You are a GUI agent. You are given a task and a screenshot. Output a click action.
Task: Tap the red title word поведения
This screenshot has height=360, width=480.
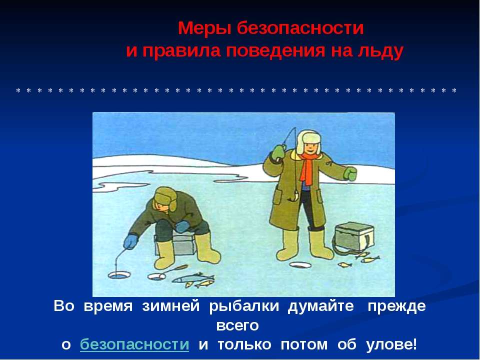pyautogui.click(x=275, y=50)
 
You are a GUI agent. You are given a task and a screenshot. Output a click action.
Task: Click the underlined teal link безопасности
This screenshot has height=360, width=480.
pyautogui.click(x=134, y=344)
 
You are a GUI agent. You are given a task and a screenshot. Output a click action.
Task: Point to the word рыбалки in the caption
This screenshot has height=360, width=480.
pyautogui.click(x=244, y=306)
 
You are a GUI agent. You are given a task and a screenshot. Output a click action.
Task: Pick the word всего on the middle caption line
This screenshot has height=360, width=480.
pyautogui.click(x=237, y=325)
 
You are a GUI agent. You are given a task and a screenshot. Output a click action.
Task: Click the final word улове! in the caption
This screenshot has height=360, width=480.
pyautogui.click(x=391, y=344)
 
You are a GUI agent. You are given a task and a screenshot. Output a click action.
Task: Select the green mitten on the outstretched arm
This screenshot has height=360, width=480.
pyautogui.click(x=350, y=173)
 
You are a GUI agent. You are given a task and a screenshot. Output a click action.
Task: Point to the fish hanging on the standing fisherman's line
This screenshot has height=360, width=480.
pyautogui.click(x=295, y=195)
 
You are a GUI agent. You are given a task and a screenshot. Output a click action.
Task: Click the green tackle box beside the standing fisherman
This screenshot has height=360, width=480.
pyautogui.click(x=354, y=236)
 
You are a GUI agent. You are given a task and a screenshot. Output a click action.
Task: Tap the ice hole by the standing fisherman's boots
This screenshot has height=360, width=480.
pyautogui.click(x=300, y=265)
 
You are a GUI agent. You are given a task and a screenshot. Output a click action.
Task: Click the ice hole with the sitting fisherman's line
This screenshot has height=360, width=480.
pyautogui.click(x=119, y=275)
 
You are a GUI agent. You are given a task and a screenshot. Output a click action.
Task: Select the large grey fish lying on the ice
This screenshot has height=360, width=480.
pyautogui.click(x=192, y=278)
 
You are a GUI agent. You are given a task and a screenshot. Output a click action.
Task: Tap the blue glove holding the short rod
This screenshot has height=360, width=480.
pyautogui.click(x=131, y=241)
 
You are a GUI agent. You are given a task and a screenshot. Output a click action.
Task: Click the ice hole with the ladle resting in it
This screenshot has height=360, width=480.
pyautogui.click(x=156, y=276)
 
